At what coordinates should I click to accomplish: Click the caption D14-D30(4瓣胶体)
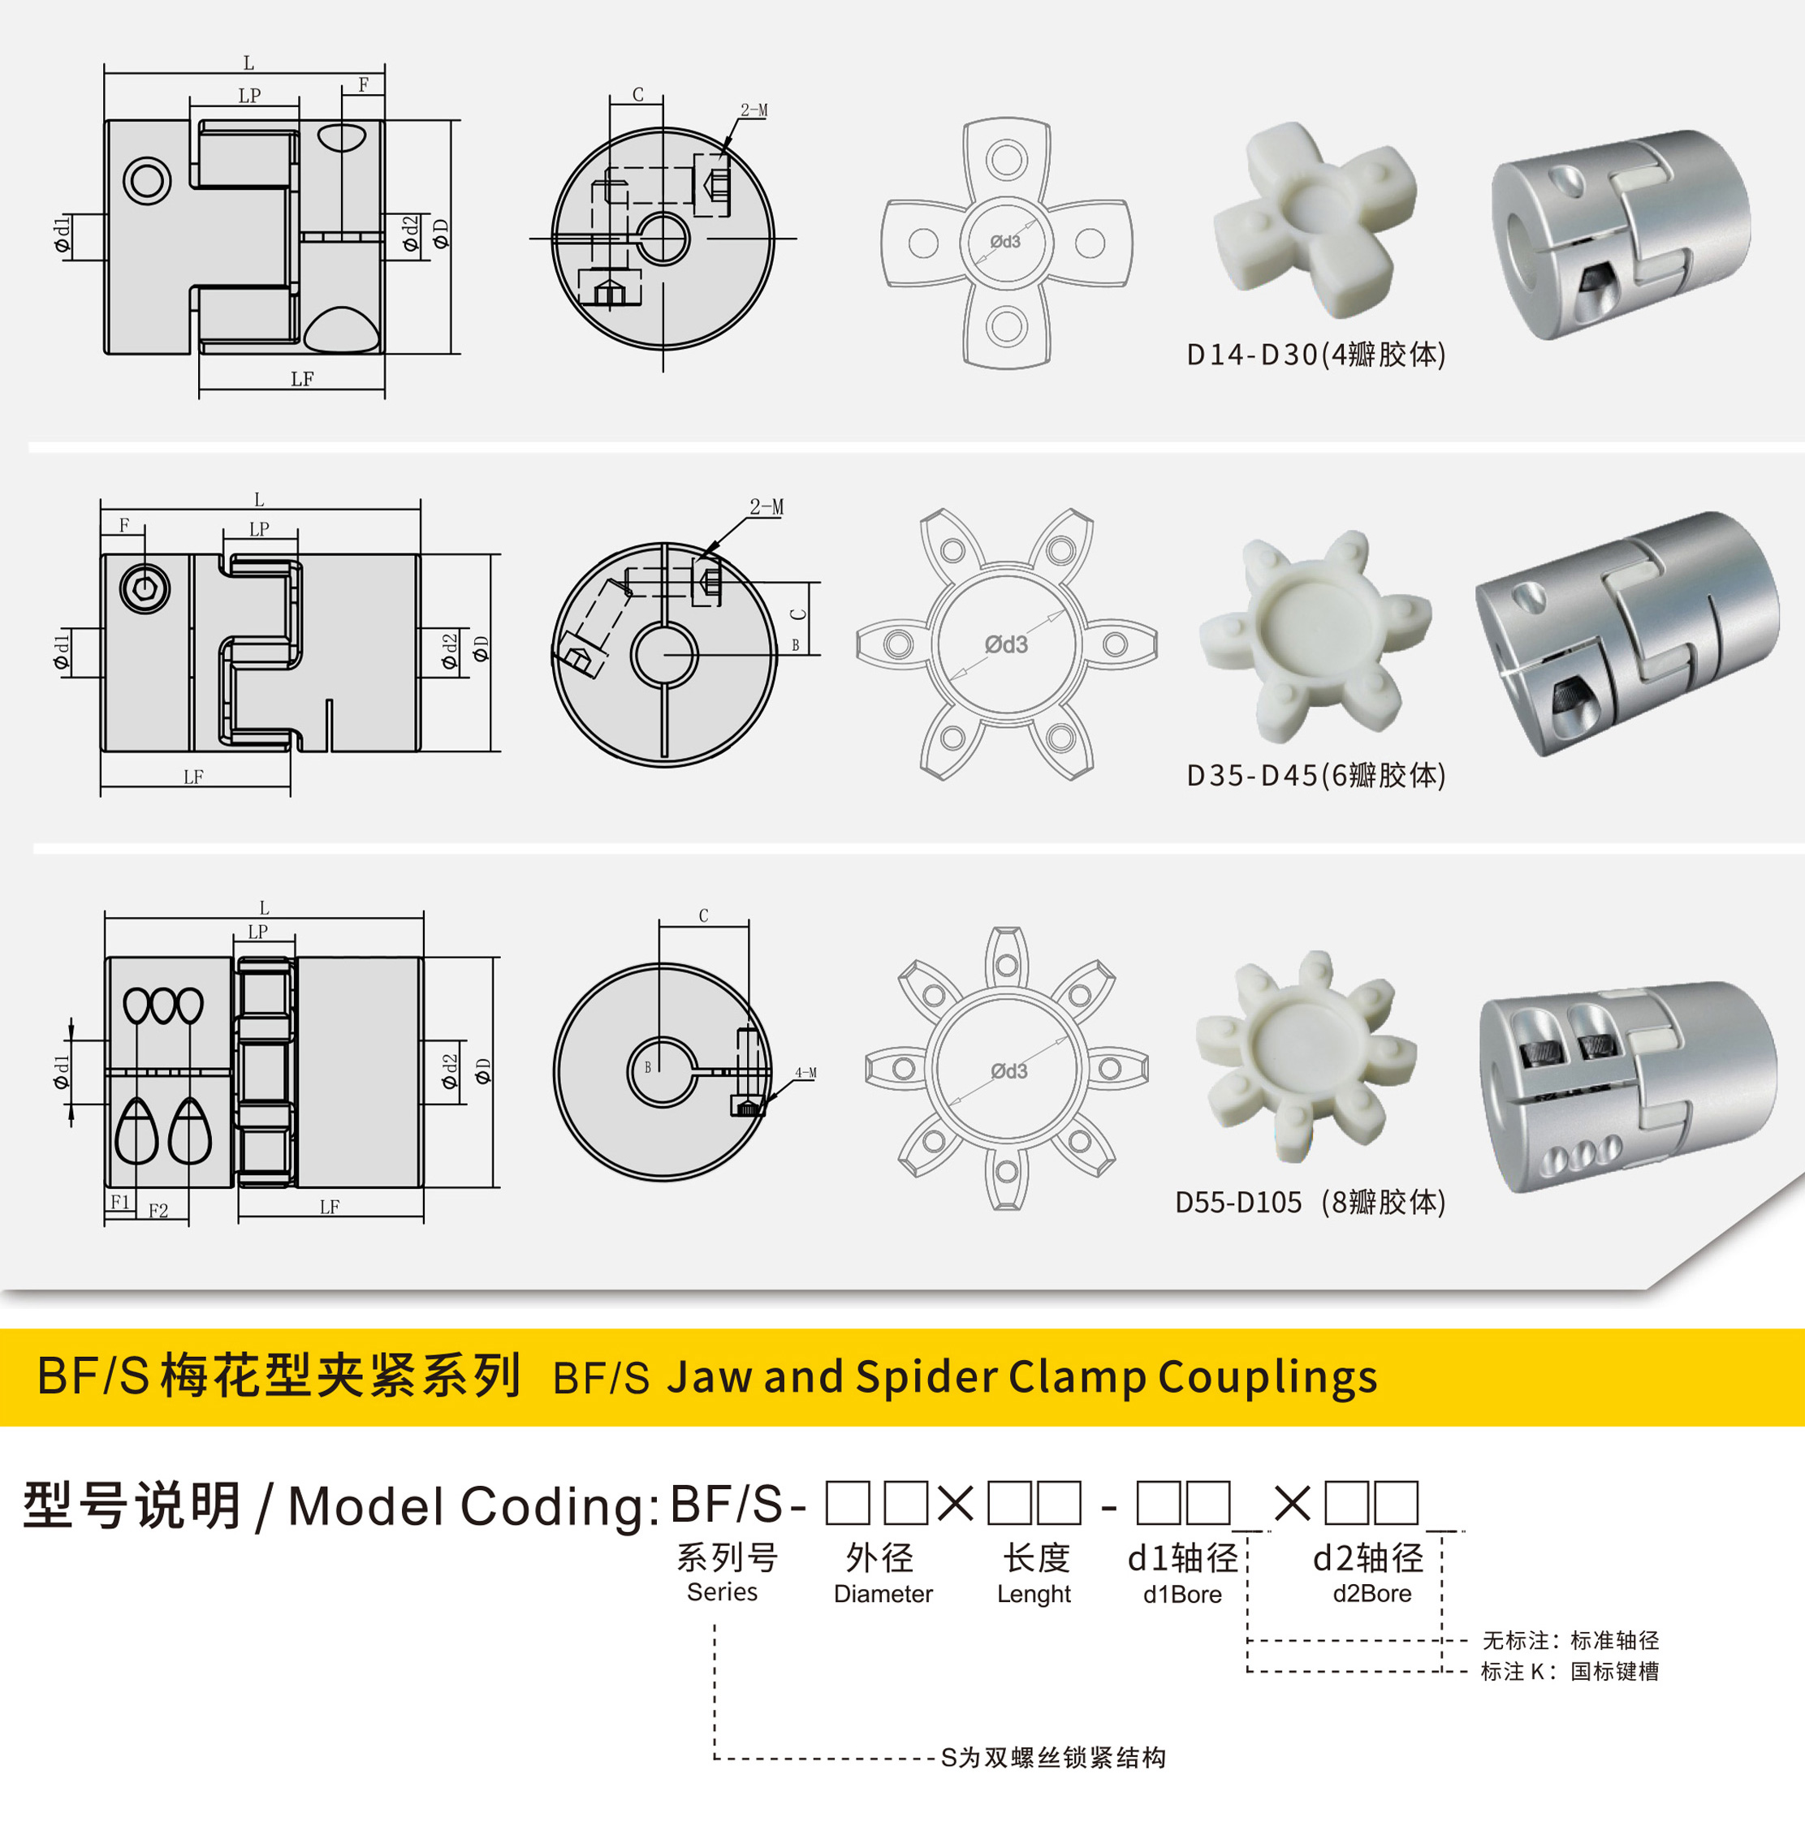click(1316, 355)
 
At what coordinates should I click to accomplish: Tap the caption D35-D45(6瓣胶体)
click(1316, 776)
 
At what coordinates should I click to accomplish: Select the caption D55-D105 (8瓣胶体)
click(1311, 1202)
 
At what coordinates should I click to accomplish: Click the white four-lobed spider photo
click(1315, 219)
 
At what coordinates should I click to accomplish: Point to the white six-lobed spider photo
click(1315, 636)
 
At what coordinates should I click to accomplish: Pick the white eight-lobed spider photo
click(1306, 1056)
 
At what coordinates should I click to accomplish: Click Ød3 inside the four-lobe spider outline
click(1005, 242)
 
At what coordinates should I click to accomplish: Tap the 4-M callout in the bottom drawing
click(805, 1073)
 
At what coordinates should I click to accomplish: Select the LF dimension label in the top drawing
click(302, 379)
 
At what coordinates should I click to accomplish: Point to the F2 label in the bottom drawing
click(158, 1211)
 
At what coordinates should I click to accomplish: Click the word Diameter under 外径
click(883, 1594)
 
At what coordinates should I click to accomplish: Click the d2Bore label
click(1372, 1594)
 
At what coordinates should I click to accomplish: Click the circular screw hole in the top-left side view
click(148, 179)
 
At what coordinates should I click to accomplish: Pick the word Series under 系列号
click(722, 1592)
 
